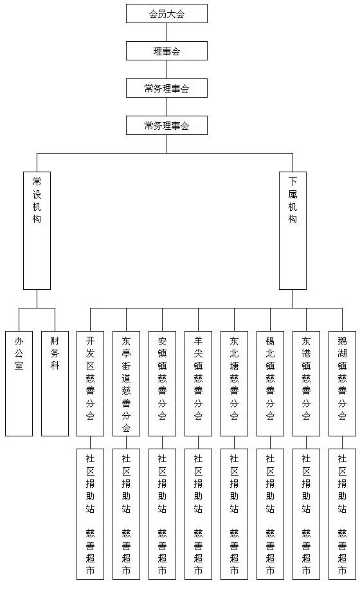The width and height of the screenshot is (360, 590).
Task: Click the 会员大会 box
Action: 166,13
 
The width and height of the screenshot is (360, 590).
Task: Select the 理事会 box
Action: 166,51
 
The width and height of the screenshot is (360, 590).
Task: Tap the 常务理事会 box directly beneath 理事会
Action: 166,88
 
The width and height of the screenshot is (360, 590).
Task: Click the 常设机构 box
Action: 37,231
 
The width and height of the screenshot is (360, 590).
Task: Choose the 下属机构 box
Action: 292,231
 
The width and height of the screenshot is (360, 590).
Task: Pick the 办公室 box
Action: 19,384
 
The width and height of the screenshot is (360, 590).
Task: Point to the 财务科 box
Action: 55,384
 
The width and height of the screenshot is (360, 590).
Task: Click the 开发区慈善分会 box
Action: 90,384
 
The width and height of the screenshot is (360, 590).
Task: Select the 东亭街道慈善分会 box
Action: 127,384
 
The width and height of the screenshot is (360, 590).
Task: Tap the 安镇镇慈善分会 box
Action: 163,384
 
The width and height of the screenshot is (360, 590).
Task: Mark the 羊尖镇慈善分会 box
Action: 198,384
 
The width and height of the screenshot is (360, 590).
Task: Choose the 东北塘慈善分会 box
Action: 235,384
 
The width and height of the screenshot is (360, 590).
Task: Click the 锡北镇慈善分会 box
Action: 270,384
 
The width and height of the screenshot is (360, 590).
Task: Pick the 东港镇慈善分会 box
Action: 306,384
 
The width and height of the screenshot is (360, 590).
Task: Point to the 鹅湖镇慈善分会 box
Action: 342,384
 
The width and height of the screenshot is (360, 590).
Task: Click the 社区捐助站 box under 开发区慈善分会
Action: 90,514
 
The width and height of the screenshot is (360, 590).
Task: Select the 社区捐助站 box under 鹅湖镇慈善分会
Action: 342,514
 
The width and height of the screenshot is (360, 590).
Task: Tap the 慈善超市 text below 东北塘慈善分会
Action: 235,551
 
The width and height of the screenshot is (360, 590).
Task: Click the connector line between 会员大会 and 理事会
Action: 166,32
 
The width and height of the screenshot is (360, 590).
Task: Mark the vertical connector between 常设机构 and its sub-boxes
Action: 37,299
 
